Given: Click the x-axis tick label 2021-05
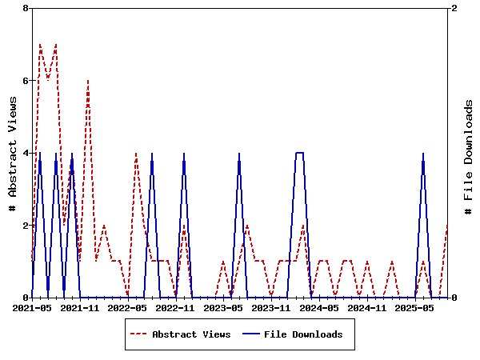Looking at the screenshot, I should pyautogui.click(x=32, y=307).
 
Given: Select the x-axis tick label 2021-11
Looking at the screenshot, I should pyautogui.click(x=80, y=307).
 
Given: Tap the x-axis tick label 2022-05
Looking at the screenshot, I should pyautogui.click(x=128, y=307).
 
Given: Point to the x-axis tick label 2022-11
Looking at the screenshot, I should pyautogui.click(x=176, y=307).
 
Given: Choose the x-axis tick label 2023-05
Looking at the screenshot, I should pyautogui.click(x=224, y=307).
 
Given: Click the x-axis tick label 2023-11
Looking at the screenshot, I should pyautogui.click(x=272, y=307).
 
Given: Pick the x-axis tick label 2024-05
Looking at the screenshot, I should pyautogui.click(x=320, y=307).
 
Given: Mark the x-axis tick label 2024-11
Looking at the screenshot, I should pyautogui.click(x=368, y=307).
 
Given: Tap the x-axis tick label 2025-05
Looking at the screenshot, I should pyautogui.click(x=416, y=307).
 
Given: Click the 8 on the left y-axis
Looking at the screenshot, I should pyautogui.click(x=26, y=9).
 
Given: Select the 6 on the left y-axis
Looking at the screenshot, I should pyautogui.click(x=26, y=81).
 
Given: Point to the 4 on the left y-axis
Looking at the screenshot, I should pyautogui.click(x=26, y=153).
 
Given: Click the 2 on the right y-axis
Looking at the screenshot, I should pyautogui.click(x=454, y=9).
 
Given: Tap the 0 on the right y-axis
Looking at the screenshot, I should pyautogui.click(x=454, y=298).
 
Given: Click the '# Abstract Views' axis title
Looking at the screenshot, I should pyautogui.click(x=13, y=153).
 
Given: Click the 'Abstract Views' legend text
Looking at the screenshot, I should pyautogui.click(x=191, y=334).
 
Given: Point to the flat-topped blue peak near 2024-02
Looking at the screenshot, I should pyautogui.click(x=299, y=153).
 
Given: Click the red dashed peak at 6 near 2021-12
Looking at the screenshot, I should pyautogui.click(x=88, y=81).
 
